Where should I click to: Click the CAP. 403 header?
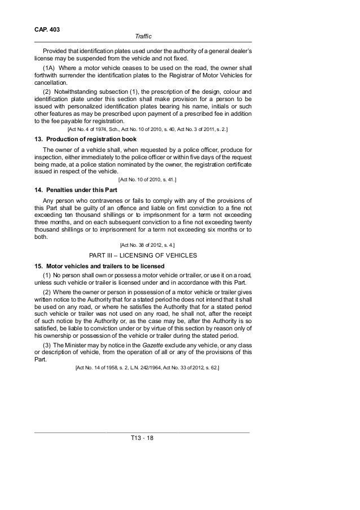(x=47, y=28)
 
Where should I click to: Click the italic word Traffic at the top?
(x=143, y=37)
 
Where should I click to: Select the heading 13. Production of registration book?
(x=90, y=140)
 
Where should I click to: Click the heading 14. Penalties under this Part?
(x=78, y=190)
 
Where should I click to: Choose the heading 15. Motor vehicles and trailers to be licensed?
(x=99, y=266)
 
